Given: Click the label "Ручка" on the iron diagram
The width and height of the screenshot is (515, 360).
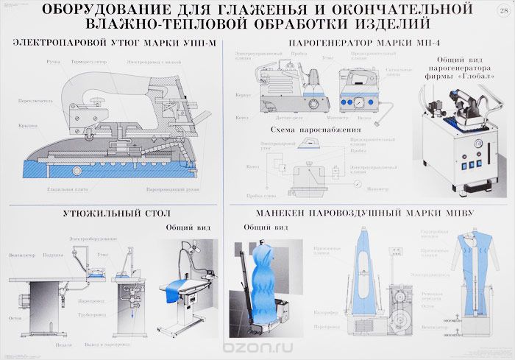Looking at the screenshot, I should (x=52, y=62).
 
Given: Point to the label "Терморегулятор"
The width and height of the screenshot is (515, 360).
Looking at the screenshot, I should (x=90, y=62).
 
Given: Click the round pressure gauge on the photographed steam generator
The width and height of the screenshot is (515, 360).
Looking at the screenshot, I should (x=461, y=144).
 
